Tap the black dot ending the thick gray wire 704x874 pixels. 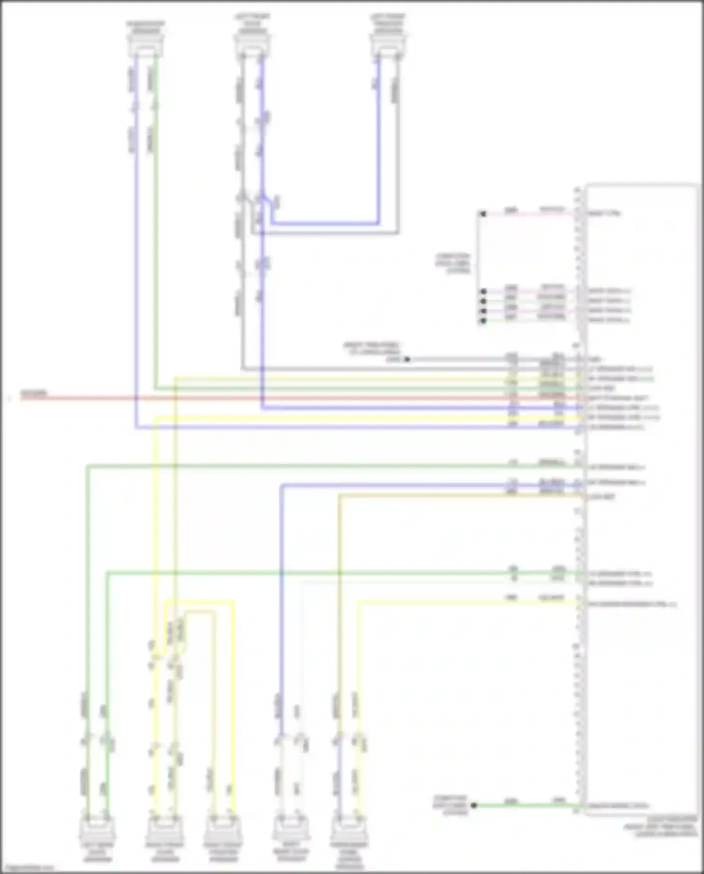click(x=407, y=359)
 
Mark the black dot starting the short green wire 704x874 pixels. click(x=474, y=805)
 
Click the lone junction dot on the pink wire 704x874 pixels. click(x=483, y=214)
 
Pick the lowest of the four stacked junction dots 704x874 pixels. click(x=483, y=321)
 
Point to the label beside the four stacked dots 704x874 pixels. click(x=453, y=264)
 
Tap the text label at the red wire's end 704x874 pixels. click(x=33, y=393)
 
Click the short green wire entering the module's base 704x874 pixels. click(x=526, y=805)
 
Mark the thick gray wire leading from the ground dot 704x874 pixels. click(x=493, y=359)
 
